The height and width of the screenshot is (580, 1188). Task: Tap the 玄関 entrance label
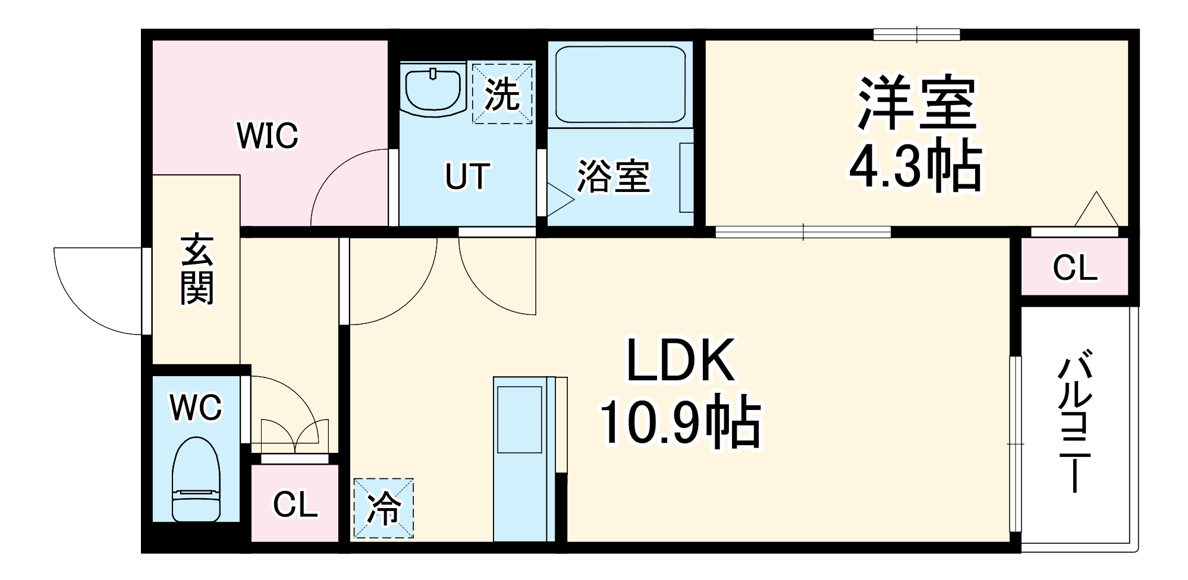[197, 269]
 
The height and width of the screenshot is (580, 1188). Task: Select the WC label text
[196, 407]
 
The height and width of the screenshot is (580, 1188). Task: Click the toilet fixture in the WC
[196, 479]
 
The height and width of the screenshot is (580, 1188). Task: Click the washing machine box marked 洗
[502, 93]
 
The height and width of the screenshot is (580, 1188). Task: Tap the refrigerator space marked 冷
[384, 509]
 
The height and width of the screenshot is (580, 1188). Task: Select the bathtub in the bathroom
[620, 84]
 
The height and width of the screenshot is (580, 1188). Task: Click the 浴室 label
[613, 176]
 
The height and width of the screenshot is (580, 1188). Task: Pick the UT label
[468, 176]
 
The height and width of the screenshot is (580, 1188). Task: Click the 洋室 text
[916, 104]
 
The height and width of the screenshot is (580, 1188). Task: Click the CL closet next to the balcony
[1074, 267]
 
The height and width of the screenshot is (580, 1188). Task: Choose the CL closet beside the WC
[295, 505]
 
